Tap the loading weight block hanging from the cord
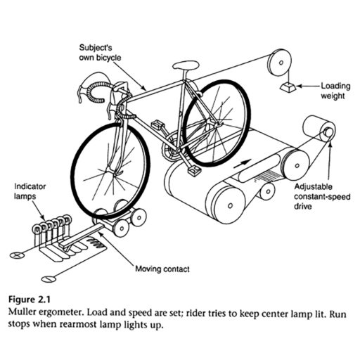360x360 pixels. (288, 87)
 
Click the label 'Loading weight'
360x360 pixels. (335, 91)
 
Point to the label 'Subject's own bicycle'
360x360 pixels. (100, 53)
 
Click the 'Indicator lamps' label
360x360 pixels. (30, 191)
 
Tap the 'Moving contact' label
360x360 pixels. (162, 269)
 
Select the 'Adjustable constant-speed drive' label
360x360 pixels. (322, 197)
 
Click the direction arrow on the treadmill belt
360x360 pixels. (243, 163)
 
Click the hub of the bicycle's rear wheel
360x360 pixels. (216, 124)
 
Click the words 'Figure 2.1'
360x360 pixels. (30, 300)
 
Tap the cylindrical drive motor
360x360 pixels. (319, 129)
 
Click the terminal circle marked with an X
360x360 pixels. (17, 255)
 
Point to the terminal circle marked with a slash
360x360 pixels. (49, 279)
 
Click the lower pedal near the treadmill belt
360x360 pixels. (194, 170)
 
